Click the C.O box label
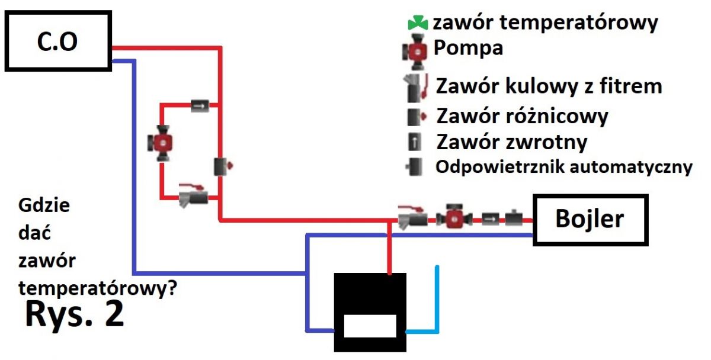coord(57,41)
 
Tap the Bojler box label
coord(590,219)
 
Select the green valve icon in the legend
coord(418,23)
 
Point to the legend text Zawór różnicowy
coord(522,116)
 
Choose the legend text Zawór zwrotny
coord(512,142)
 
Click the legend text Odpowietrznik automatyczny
coord(563,167)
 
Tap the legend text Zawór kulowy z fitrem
coord(549,86)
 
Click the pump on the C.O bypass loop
coord(161,143)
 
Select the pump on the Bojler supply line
coord(454,218)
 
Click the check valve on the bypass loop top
coord(200,105)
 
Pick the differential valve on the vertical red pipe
coord(223,166)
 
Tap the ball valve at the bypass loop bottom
coord(193,196)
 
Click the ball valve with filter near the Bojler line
coord(412,217)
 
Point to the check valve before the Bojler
coord(491,219)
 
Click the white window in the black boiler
coord(370,326)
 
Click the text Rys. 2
coord(74,314)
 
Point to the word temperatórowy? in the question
coord(98,288)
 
